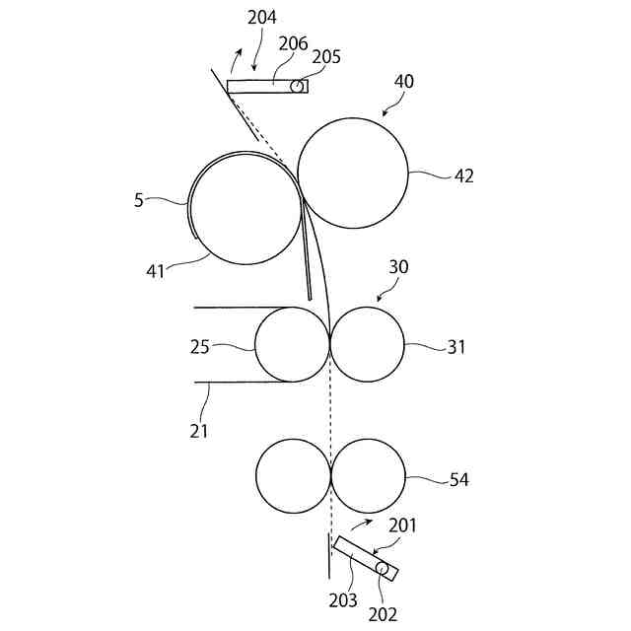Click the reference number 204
point(262,17)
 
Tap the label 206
point(293,44)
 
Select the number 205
point(326,56)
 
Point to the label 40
point(404,82)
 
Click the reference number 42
point(463,176)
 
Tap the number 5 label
point(139,200)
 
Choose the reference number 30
point(398,267)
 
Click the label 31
point(456,347)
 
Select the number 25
point(200,347)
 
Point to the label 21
point(199,430)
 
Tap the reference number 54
point(458,480)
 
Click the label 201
point(402,526)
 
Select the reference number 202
point(383,613)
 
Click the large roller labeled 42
point(352,174)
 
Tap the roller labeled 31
point(367,344)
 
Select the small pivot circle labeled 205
point(296,86)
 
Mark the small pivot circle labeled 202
point(383,567)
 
